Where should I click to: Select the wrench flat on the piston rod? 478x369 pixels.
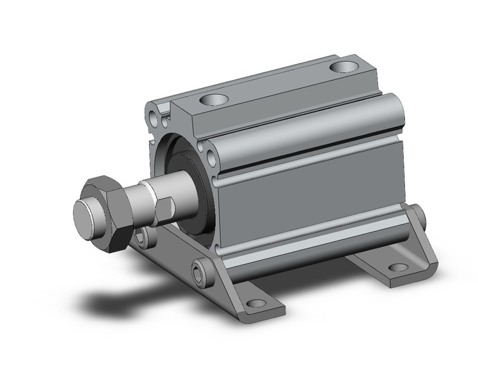(165, 210)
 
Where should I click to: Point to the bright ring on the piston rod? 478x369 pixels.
(148, 195)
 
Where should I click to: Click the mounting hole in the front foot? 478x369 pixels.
(255, 304)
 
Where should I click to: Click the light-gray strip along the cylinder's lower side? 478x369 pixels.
(308, 242)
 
